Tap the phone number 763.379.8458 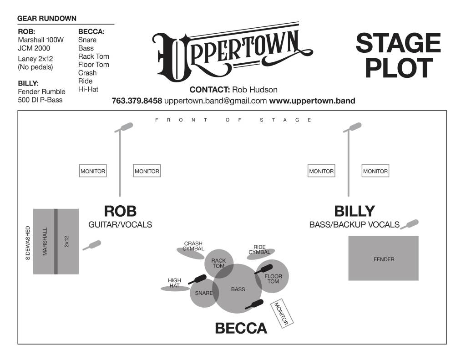pyautogui.click(x=137, y=101)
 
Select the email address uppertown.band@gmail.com pyautogui.click(x=216, y=101)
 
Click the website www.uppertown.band pyautogui.click(x=312, y=101)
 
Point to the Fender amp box pyautogui.click(x=383, y=258)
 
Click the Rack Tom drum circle pyautogui.click(x=218, y=263)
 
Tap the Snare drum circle pyautogui.click(x=203, y=293)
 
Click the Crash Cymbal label pyautogui.click(x=193, y=246)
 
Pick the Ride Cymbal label pyautogui.click(x=259, y=249)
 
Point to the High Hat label pyautogui.click(x=174, y=283)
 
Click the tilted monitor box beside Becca pyautogui.click(x=282, y=313)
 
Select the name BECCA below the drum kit pyautogui.click(x=241, y=328)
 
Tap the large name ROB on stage pyautogui.click(x=120, y=211)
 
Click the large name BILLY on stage pyautogui.click(x=354, y=211)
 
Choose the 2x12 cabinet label pyautogui.click(x=67, y=241)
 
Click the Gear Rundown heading pyautogui.click(x=47, y=19)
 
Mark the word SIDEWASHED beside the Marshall pyautogui.click(x=28, y=243)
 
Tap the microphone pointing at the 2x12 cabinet pyautogui.click(x=92, y=245)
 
